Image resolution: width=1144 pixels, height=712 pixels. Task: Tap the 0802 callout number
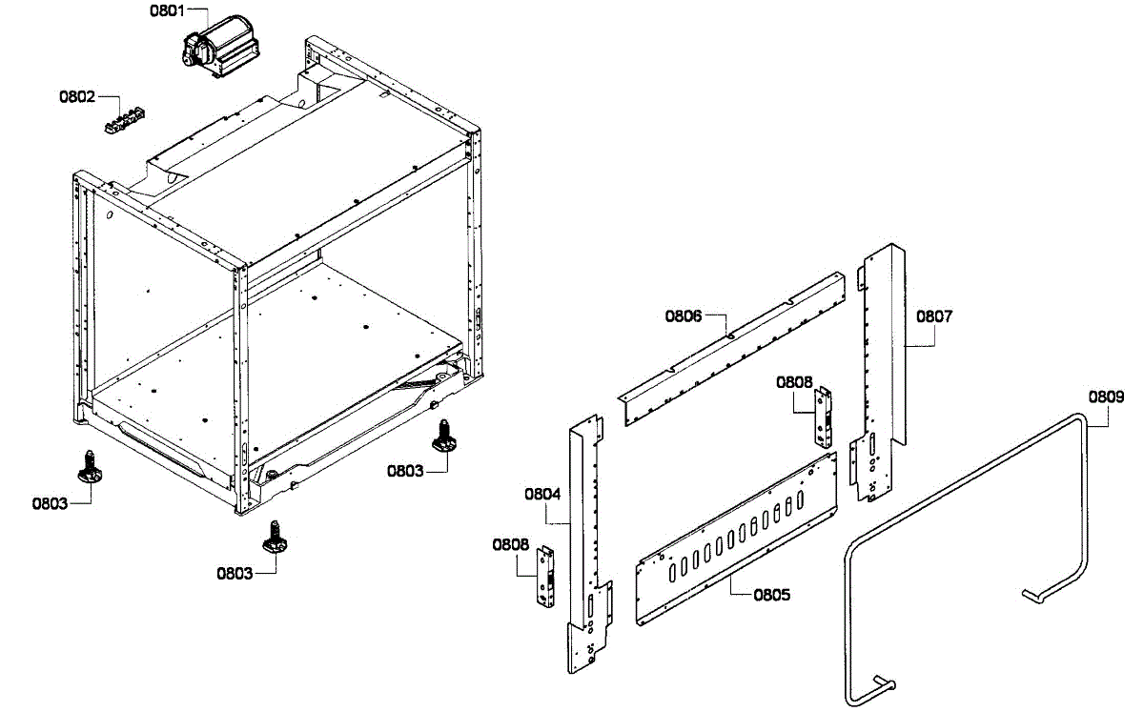pos(77,96)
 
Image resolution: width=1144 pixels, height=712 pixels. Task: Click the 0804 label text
pos(542,494)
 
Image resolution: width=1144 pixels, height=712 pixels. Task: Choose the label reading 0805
pos(771,595)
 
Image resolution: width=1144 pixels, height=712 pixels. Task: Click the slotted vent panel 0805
pos(739,539)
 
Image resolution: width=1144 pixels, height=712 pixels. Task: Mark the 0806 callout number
pos(684,315)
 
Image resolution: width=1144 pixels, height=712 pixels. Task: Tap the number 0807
pos(934,315)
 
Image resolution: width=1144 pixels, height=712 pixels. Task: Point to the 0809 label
pos(1105,397)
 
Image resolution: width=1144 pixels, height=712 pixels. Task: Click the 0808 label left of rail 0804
pos(511,544)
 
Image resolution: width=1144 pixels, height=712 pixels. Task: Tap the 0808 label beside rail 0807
pos(794,381)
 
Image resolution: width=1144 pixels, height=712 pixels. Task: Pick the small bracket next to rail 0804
pos(547,577)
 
